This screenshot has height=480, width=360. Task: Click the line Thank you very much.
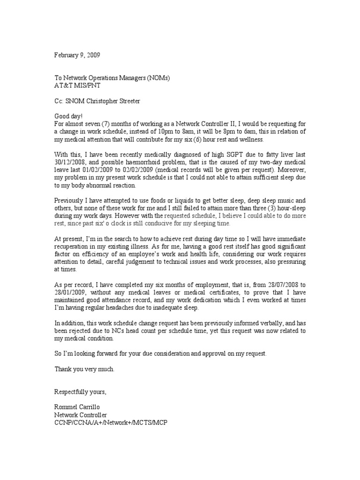[84, 369]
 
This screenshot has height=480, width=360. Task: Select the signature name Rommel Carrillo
[80, 406]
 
